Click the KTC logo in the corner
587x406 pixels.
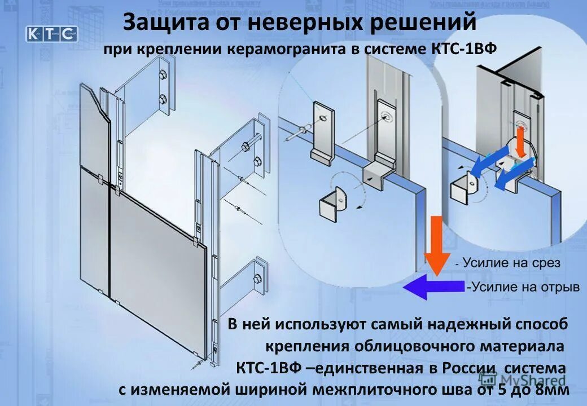[51, 33]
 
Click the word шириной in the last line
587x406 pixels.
[249, 390]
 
